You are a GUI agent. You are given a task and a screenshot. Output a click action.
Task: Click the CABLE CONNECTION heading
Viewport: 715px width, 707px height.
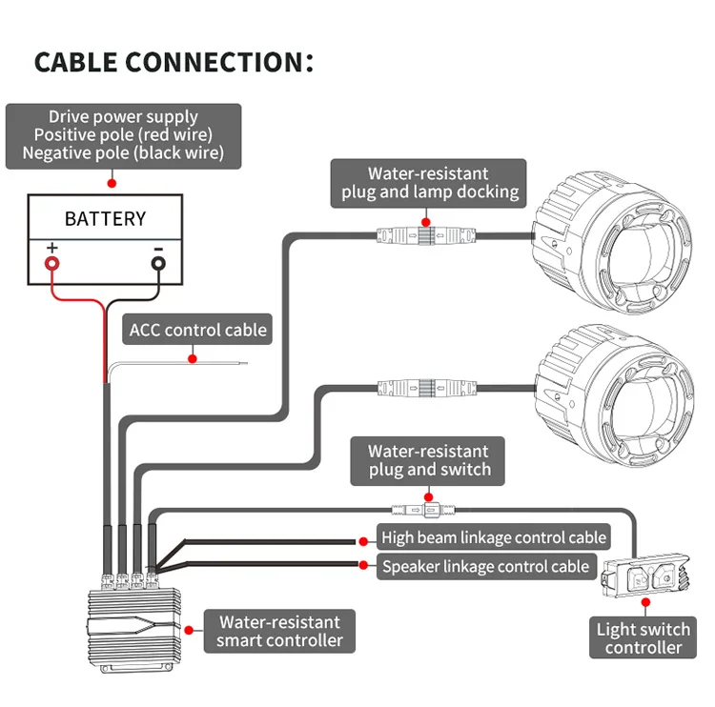[x=174, y=62]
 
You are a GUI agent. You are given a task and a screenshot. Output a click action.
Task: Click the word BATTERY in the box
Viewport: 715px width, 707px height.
[x=105, y=218]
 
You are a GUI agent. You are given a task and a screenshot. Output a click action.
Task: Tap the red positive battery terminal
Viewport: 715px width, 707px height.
[x=51, y=260]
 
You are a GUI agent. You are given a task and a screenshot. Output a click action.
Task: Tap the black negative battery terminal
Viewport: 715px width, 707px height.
[x=158, y=260]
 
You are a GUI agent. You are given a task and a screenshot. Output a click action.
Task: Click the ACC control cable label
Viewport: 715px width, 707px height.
[x=198, y=331]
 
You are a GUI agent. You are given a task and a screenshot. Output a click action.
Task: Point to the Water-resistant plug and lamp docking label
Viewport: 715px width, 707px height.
[x=430, y=183]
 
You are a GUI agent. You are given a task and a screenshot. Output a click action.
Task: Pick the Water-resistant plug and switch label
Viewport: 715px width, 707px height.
[x=429, y=460]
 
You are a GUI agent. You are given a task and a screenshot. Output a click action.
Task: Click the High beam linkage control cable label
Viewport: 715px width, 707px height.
[x=493, y=537]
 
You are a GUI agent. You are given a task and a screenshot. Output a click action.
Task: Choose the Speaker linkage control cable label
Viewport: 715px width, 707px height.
[x=485, y=567]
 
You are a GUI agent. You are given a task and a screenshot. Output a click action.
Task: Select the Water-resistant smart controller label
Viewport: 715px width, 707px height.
[x=278, y=631]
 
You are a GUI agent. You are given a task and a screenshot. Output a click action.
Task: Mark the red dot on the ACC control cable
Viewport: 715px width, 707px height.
[x=192, y=359]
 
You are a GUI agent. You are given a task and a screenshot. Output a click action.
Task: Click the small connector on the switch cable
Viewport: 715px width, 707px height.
[x=420, y=510]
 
